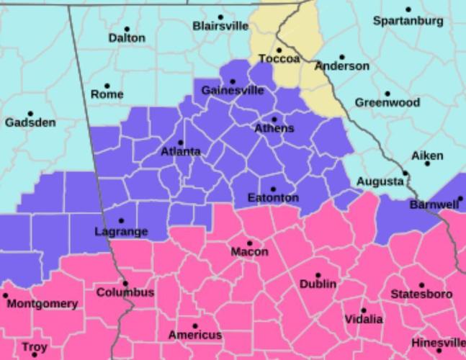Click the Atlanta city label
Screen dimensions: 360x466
(x=180, y=152)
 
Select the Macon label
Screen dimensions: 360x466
(x=249, y=252)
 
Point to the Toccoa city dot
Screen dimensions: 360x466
(x=279, y=50)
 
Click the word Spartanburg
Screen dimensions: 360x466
(x=408, y=21)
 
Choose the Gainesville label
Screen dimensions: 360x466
(x=233, y=91)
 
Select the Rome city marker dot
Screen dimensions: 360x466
(x=107, y=86)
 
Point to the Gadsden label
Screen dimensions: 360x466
(x=30, y=122)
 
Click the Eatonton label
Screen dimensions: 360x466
(x=273, y=198)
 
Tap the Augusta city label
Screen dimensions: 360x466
(x=380, y=181)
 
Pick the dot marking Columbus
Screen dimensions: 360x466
(x=125, y=284)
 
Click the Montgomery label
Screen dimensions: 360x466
(x=42, y=304)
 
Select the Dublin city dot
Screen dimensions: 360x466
(x=318, y=275)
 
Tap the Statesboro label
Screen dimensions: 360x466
(x=421, y=294)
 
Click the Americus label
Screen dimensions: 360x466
(x=195, y=335)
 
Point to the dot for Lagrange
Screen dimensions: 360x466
(x=121, y=221)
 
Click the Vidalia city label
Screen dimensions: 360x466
(x=364, y=319)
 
